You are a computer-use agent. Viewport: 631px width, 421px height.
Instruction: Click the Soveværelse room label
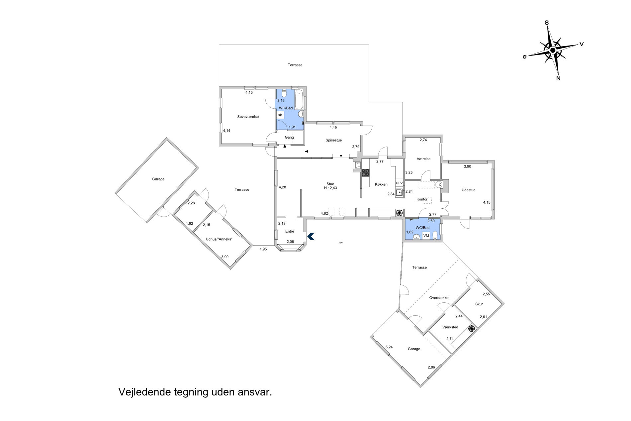click(x=248, y=117)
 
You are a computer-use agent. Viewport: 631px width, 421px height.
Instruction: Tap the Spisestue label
click(x=333, y=140)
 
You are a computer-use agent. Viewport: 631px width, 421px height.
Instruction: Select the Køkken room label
click(x=381, y=184)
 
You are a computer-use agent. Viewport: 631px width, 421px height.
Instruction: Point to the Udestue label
click(x=468, y=190)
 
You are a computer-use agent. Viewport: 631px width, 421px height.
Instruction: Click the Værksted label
click(x=450, y=327)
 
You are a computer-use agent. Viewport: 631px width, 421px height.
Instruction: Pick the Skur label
click(x=479, y=304)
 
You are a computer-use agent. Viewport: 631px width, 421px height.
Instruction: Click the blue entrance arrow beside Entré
click(x=311, y=236)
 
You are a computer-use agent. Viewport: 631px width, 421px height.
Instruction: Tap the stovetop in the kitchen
click(x=366, y=172)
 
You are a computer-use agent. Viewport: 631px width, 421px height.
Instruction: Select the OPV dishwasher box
click(x=399, y=183)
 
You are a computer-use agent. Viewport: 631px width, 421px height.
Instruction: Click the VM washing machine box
click(x=426, y=236)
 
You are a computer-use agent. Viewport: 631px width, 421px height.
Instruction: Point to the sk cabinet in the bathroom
click(x=280, y=115)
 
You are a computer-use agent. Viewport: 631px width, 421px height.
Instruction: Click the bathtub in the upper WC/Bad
click(x=299, y=99)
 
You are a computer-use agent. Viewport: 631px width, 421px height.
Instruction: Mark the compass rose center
click(x=553, y=50)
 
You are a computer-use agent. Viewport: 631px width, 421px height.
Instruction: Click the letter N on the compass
click(x=558, y=78)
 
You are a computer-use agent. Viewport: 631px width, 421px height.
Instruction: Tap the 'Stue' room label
click(x=330, y=184)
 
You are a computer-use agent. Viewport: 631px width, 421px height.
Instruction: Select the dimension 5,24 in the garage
click(x=389, y=347)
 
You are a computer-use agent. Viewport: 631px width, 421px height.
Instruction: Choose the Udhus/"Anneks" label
click(x=219, y=239)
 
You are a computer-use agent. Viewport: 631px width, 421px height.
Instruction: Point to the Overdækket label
click(x=439, y=298)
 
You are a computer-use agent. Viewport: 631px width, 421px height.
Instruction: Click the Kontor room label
click(x=422, y=199)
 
